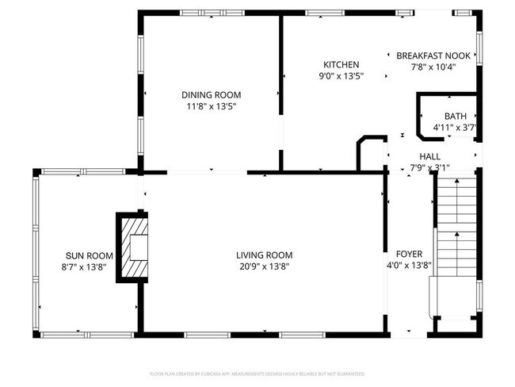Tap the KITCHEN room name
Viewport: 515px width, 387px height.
(x=341, y=65)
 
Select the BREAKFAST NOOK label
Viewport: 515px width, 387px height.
(x=433, y=56)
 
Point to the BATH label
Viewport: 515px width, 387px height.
(x=455, y=116)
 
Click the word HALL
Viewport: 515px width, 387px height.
(x=429, y=157)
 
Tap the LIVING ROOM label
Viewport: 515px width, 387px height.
(x=264, y=255)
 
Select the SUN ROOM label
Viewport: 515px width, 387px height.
(x=89, y=255)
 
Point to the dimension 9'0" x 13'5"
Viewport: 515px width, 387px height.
(x=341, y=76)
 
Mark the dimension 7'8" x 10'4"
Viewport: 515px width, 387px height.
(x=433, y=67)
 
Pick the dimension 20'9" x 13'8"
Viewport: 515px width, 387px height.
(x=264, y=266)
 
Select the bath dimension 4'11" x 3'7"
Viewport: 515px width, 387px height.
(x=455, y=127)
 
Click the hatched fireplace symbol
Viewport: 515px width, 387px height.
(x=132, y=247)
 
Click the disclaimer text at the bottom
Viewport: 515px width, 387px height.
(x=257, y=373)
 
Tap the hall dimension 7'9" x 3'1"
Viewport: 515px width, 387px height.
(x=429, y=167)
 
